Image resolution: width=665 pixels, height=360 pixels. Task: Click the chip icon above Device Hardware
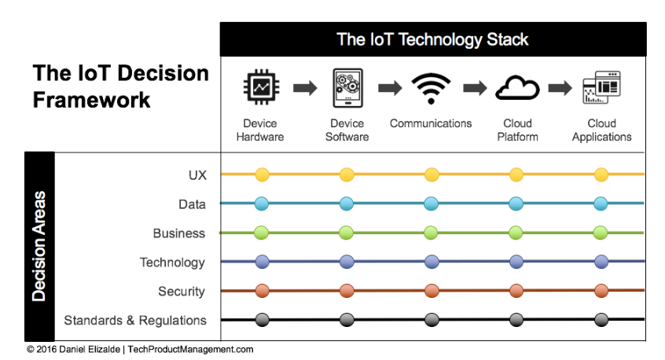[x=261, y=87]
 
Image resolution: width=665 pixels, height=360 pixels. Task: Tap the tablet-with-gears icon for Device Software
[x=347, y=88]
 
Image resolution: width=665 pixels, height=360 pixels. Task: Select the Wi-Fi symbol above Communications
[x=431, y=89]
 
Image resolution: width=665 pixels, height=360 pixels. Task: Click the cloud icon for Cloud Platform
[x=517, y=87]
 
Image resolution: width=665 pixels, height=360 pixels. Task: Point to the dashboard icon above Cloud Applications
[x=602, y=87]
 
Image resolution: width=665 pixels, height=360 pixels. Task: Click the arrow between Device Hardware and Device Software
[x=305, y=88]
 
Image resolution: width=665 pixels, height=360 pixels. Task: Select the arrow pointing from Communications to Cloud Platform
[x=475, y=88]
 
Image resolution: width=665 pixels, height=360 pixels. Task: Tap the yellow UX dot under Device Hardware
[x=262, y=174]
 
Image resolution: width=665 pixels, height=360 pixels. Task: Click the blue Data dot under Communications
[x=432, y=204]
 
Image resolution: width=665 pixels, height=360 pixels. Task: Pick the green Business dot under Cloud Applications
[x=601, y=233]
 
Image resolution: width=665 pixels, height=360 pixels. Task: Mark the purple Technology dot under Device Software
[x=347, y=262]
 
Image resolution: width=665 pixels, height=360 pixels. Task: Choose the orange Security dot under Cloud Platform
[x=516, y=291]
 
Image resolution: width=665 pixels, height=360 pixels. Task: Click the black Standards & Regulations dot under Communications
[x=432, y=320]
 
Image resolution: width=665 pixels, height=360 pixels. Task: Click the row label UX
[x=197, y=175]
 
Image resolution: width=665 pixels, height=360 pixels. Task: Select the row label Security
[x=182, y=292]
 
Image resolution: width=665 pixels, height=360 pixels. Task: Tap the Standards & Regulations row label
[x=135, y=320]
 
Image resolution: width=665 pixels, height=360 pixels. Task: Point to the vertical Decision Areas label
[x=39, y=246]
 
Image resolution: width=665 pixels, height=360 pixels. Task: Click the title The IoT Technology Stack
[x=432, y=39]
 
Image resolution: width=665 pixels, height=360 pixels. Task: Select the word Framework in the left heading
[x=92, y=100]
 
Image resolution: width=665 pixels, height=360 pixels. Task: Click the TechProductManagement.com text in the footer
[x=190, y=350]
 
